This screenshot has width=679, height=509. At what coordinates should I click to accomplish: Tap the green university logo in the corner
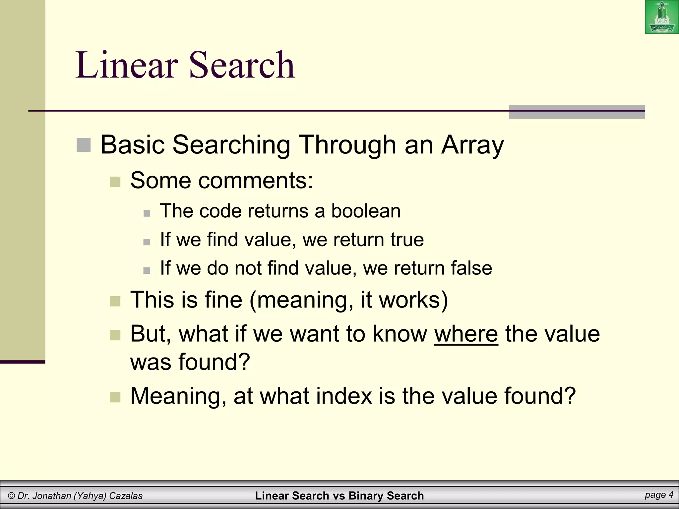pyautogui.click(x=661, y=17)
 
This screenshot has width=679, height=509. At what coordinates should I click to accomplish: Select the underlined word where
pyautogui.click(x=466, y=334)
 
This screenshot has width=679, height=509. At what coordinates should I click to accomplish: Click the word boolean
pyautogui.click(x=366, y=211)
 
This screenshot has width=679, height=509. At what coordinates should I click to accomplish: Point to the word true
pyautogui.click(x=407, y=239)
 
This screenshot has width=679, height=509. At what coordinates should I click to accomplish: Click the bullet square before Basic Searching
pyautogui.click(x=84, y=145)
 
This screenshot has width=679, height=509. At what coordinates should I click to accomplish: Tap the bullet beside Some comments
pyautogui.click(x=115, y=182)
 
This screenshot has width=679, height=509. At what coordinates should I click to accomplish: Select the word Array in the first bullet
pyautogui.click(x=472, y=145)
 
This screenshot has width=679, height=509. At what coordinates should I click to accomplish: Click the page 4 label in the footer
pyautogui.click(x=659, y=495)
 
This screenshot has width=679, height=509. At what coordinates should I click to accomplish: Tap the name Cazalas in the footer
pyautogui.click(x=126, y=496)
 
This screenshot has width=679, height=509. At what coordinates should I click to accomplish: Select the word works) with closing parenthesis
pyautogui.click(x=413, y=300)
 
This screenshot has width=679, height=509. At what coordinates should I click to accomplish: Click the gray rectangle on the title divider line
pyautogui.click(x=577, y=112)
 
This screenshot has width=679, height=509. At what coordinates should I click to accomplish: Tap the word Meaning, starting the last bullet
pyautogui.click(x=178, y=396)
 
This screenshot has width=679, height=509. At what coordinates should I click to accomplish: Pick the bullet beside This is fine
pyautogui.click(x=115, y=301)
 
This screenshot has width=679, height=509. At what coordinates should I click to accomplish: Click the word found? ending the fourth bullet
pyautogui.click(x=214, y=362)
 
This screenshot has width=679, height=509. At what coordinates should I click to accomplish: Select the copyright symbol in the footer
pyautogui.click(x=11, y=496)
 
